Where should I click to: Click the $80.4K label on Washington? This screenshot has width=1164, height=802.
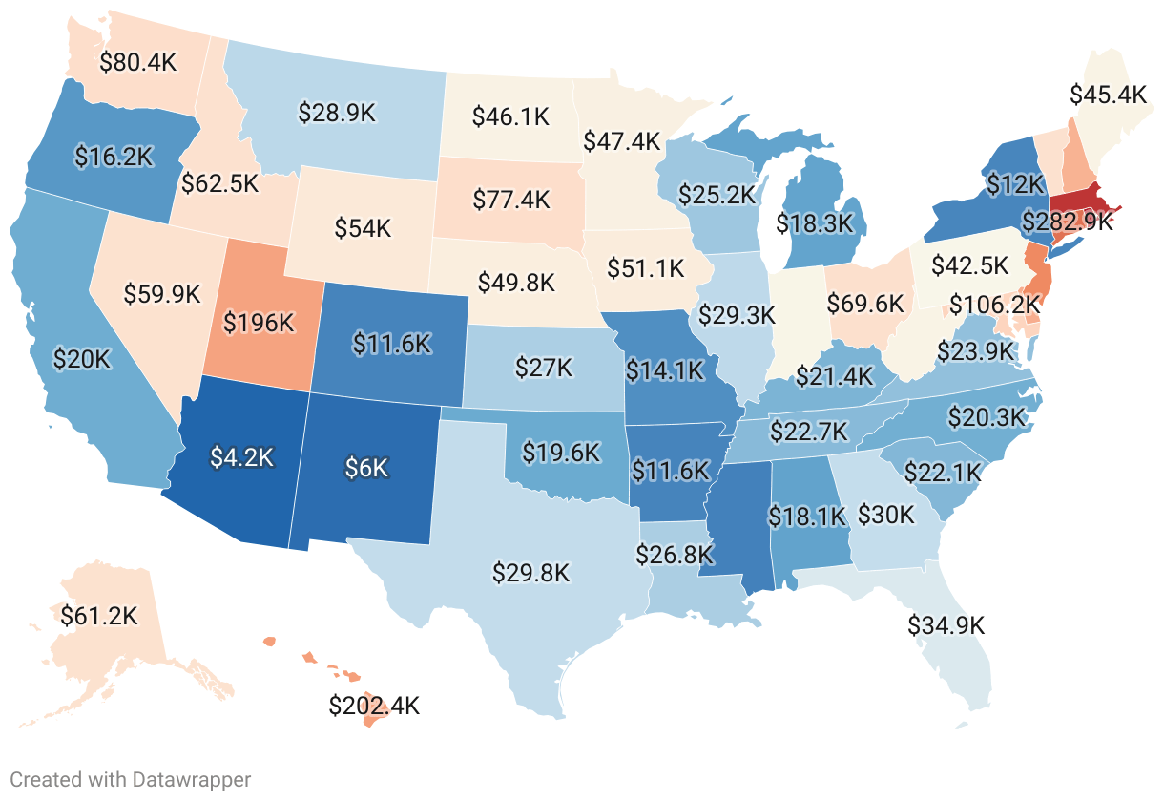pyautogui.click(x=138, y=62)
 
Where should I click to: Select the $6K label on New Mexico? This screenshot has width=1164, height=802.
pyautogui.click(x=367, y=468)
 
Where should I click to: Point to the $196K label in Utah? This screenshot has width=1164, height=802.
pyautogui.click(x=259, y=323)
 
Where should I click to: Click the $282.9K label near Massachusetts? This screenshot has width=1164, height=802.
pyautogui.click(x=1067, y=222)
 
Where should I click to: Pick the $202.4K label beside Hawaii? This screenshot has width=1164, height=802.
pyautogui.click(x=374, y=707)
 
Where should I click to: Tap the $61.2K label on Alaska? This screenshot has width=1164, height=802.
pyautogui.click(x=98, y=616)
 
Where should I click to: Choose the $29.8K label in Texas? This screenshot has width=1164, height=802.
pyautogui.click(x=531, y=573)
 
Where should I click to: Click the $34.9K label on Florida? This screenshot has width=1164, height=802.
pyautogui.click(x=946, y=626)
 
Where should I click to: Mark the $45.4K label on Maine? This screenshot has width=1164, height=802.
pyautogui.click(x=1108, y=95)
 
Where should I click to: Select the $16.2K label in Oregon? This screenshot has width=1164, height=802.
pyautogui.click(x=114, y=158)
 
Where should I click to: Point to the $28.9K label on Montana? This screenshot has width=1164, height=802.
pyautogui.click(x=337, y=112)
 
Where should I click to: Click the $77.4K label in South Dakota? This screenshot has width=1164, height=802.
pyautogui.click(x=512, y=200)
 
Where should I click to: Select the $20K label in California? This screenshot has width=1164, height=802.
pyautogui.click(x=82, y=359)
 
